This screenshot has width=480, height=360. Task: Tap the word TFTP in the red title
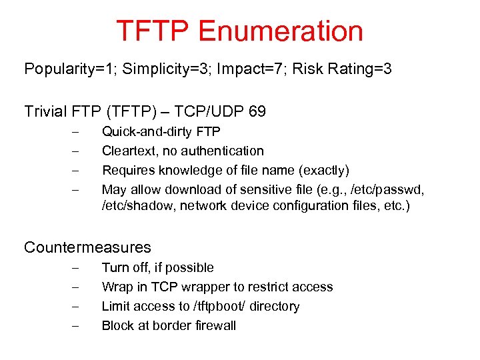(x=152, y=31)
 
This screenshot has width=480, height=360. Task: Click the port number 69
(x=256, y=111)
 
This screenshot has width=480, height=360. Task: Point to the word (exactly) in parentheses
(x=325, y=171)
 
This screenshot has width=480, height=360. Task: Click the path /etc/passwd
(x=387, y=190)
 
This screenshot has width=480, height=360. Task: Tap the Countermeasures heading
(x=87, y=247)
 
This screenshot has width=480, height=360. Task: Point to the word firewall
(x=213, y=326)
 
